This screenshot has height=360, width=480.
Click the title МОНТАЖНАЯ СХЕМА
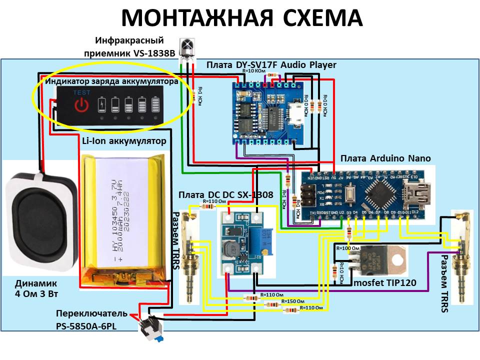point(241,18)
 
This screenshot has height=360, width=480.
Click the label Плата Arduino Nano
point(385,158)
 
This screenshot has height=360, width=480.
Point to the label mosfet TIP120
point(385,283)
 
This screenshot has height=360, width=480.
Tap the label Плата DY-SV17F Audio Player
point(271,65)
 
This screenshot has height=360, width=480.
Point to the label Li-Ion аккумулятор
point(123,141)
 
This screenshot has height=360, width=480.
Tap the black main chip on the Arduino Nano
point(378,190)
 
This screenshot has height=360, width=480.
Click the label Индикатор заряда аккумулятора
point(111,81)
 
